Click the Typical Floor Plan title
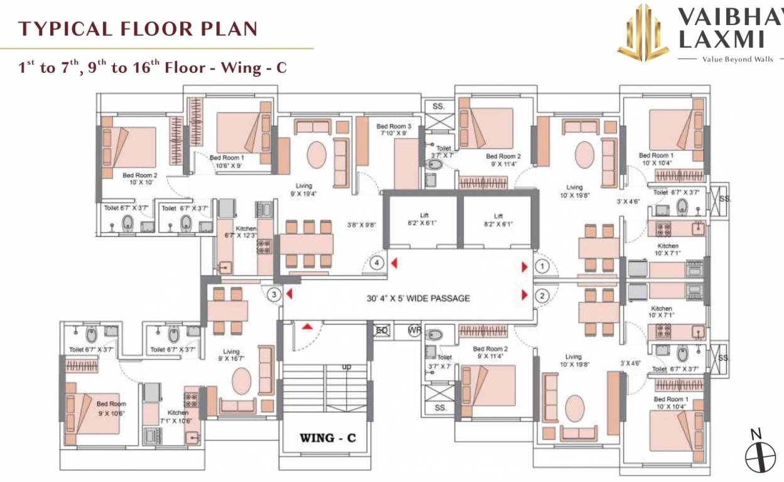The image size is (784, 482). point(138,29)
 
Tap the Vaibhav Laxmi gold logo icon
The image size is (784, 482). point(643,33)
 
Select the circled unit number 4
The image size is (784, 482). point(377,263)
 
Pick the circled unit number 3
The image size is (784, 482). point(274,294)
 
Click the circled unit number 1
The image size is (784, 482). point(543,267)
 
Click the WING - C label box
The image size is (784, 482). point(327,437)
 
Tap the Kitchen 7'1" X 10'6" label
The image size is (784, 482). point(178,416)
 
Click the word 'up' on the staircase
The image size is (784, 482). point(346,367)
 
